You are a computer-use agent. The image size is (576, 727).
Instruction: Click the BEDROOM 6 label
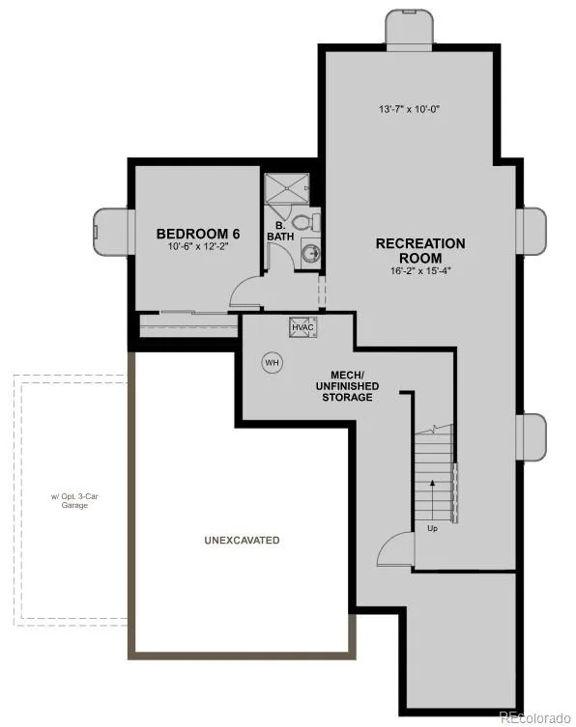click(x=198, y=234)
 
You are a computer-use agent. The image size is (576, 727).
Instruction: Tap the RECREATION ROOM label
click(x=420, y=250)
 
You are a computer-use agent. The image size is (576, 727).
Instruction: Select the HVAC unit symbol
click(x=303, y=327)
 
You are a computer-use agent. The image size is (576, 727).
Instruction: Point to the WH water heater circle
click(x=273, y=363)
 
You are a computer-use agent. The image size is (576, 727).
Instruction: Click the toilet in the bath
click(x=306, y=222)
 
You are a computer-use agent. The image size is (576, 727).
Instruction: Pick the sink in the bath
click(x=310, y=253)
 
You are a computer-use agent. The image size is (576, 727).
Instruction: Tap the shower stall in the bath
click(x=287, y=188)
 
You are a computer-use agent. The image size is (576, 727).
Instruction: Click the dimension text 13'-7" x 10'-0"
click(x=410, y=109)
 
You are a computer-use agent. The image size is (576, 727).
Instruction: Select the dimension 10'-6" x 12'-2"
click(x=198, y=246)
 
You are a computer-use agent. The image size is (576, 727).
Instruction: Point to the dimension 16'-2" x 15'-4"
click(x=420, y=270)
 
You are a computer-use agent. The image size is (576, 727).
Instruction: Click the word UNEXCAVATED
click(x=242, y=540)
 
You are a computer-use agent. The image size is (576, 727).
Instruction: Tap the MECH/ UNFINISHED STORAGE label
click(x=347, y=386)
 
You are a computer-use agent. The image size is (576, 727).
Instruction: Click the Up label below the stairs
click(x=432, y=528)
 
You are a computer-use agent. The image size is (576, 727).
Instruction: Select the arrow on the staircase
click(x=433, y=500)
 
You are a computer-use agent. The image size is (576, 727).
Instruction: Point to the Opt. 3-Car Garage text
click(x=74, y=501)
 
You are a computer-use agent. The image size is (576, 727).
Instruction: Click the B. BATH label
click(x=280, y=231)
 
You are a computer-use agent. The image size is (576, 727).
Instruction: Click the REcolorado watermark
click(x=535, y=717)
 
